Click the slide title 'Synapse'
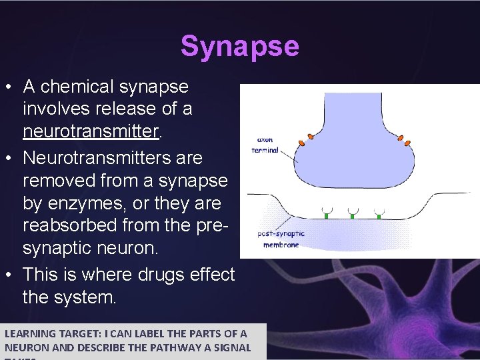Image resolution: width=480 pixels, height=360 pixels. click(239, 47)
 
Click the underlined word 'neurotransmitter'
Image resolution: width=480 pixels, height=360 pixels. click(91, 131)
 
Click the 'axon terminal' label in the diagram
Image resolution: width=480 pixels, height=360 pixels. click(265, 145)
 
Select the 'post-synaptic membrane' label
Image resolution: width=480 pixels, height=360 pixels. click(280, 239)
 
